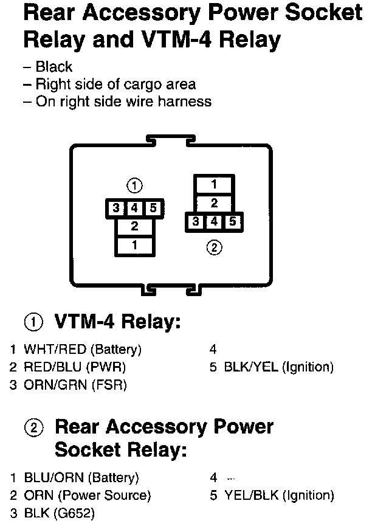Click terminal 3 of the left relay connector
(116, 209)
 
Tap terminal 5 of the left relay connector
(153, 209)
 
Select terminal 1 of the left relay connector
(134, 245)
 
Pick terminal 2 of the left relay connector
(134, 227)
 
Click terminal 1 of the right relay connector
(214, 184)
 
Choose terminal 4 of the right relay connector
(214, 222)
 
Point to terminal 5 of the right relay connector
(232, 222)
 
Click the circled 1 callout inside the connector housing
(134, 185)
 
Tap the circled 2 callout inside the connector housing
(214, 247)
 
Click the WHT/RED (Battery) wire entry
(82, 350)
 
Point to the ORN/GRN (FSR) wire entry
(75, 385)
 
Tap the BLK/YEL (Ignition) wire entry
(278, 367)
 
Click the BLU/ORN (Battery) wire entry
(81, 477)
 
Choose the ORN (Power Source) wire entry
(87, 496)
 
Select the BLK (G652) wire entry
(59, 513)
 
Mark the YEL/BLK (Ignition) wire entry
(278, 496)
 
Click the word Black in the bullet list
(53, 67)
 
